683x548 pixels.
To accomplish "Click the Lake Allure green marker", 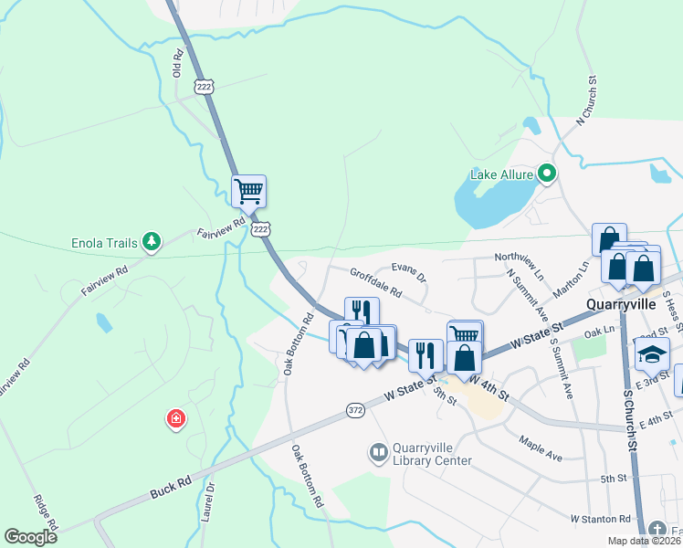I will tap(547, 173).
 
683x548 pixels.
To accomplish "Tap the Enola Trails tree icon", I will tap(152, 242).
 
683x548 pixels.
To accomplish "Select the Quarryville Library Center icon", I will tap(377, 452).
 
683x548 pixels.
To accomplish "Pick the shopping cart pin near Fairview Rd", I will tap(248, 192).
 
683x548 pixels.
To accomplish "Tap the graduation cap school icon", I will tap(653, 353).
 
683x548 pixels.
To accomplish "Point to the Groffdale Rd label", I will tap(375, 282).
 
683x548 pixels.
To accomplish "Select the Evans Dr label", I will tap(409, 271).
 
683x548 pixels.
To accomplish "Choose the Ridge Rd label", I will tap(45, 513).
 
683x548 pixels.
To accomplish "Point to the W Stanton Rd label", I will tap(600, 519).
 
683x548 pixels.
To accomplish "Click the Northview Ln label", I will tap(518, 259).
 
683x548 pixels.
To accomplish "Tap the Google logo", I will tap(30, 537).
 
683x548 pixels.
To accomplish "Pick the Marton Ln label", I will tap(572, 279).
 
